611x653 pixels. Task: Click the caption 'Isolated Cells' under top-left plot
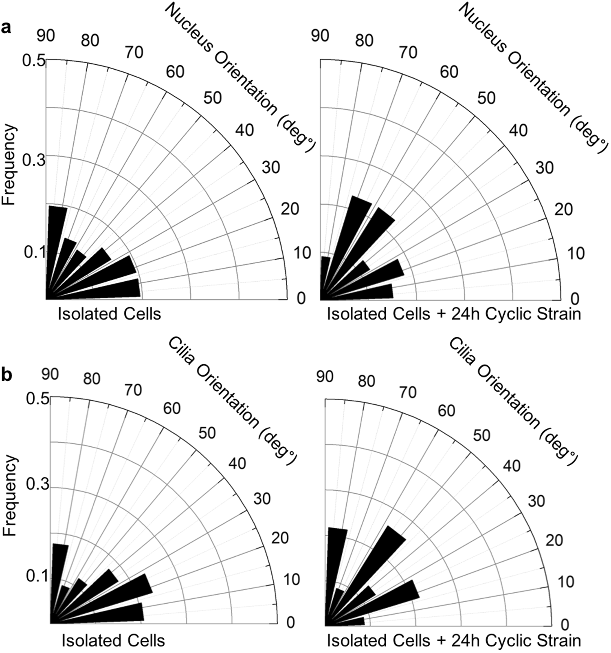click(x=109, y=314)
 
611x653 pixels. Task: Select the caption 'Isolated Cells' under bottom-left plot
click(x=113, y=640)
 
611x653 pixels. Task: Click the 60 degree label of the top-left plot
click(x=175, y=72)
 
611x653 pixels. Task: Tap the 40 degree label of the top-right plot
click(x=519, y=130)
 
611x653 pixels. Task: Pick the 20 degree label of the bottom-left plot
click(x=280, y=538)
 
